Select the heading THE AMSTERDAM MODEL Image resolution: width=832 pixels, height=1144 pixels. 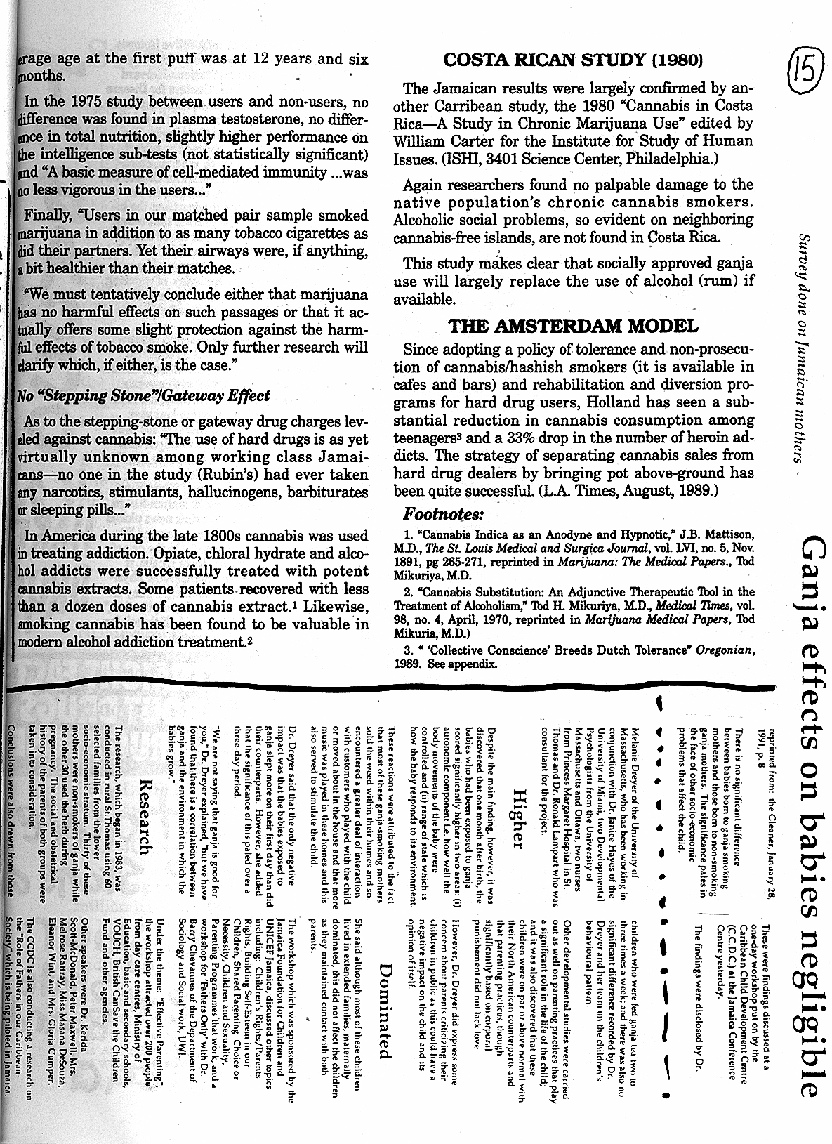click(574, 326)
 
